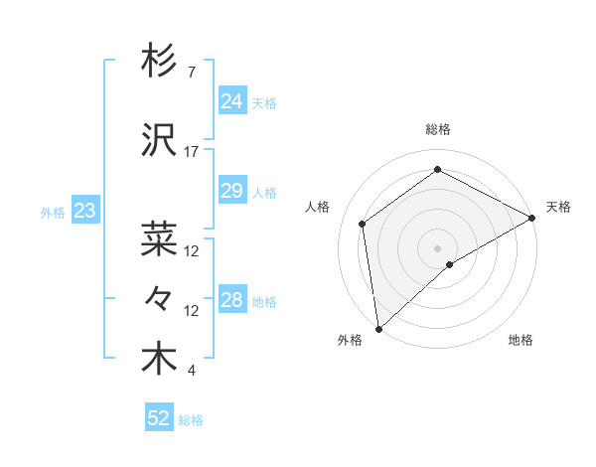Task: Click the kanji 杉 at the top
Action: (159, 62)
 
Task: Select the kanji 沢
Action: (159, 142)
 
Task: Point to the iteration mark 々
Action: (159, 298)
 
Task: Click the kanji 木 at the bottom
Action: (159, 360)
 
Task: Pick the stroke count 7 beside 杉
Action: (191, 73)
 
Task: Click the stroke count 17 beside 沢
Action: (192, 152)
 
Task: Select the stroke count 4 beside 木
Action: (191, 371)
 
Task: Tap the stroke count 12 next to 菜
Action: (192, 250)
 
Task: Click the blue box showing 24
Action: (231, 101)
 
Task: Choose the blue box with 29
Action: (231, 191)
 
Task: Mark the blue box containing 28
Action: (231, 300)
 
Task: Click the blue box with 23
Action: (84, 211)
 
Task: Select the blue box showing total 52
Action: (159, 418)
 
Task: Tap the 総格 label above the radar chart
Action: (437, 129)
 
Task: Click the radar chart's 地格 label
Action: (521, 341)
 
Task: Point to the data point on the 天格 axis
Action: (532, 219)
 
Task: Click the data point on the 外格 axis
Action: (378, 328)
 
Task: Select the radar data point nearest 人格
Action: (363, 224)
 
